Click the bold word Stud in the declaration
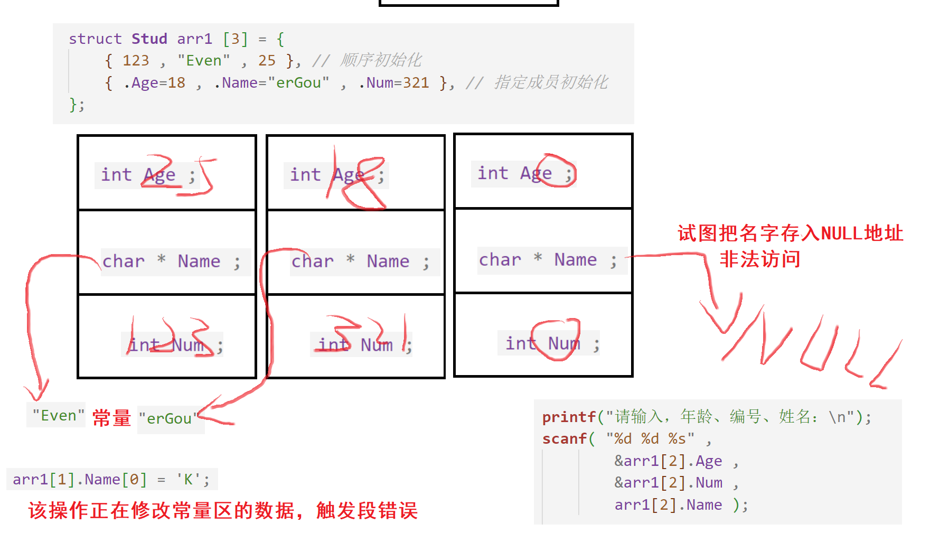[x=149, y=39]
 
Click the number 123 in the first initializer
[x=136, y=61]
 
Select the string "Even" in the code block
[x=203, y=61]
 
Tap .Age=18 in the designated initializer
[x=154, y=83]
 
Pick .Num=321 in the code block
[x=393, y=83]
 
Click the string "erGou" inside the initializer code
[x=298, y=83]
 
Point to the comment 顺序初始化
[x=380, y=60]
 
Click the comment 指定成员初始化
[x=550, y=82]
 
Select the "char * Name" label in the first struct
[x=171, y=261]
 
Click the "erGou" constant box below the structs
[x=170, y=419]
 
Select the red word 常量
[x=111, y=418]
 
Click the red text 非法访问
[x=759, y=259]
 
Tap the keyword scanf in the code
[x=564, y=439]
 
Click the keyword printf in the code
[x=569, y=417]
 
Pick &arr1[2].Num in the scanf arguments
[x=668, y=483]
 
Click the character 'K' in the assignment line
[x=187, y=480]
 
